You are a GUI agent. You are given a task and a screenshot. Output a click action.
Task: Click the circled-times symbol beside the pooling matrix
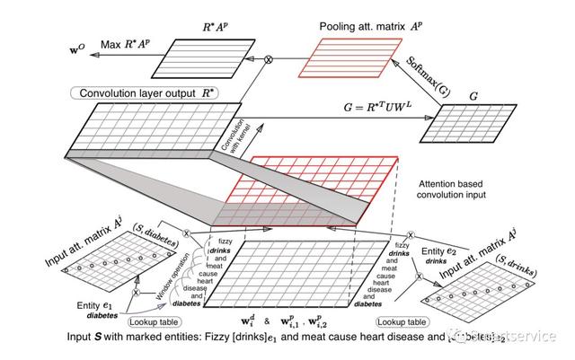[267, 59]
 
